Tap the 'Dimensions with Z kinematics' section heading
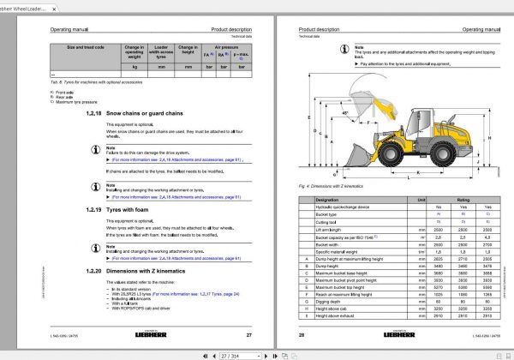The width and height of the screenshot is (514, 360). [142, 270]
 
